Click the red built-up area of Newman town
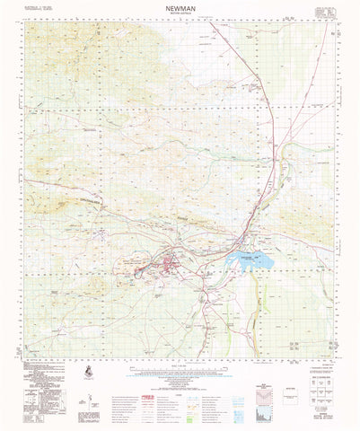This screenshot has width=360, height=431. tap(171, 266)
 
